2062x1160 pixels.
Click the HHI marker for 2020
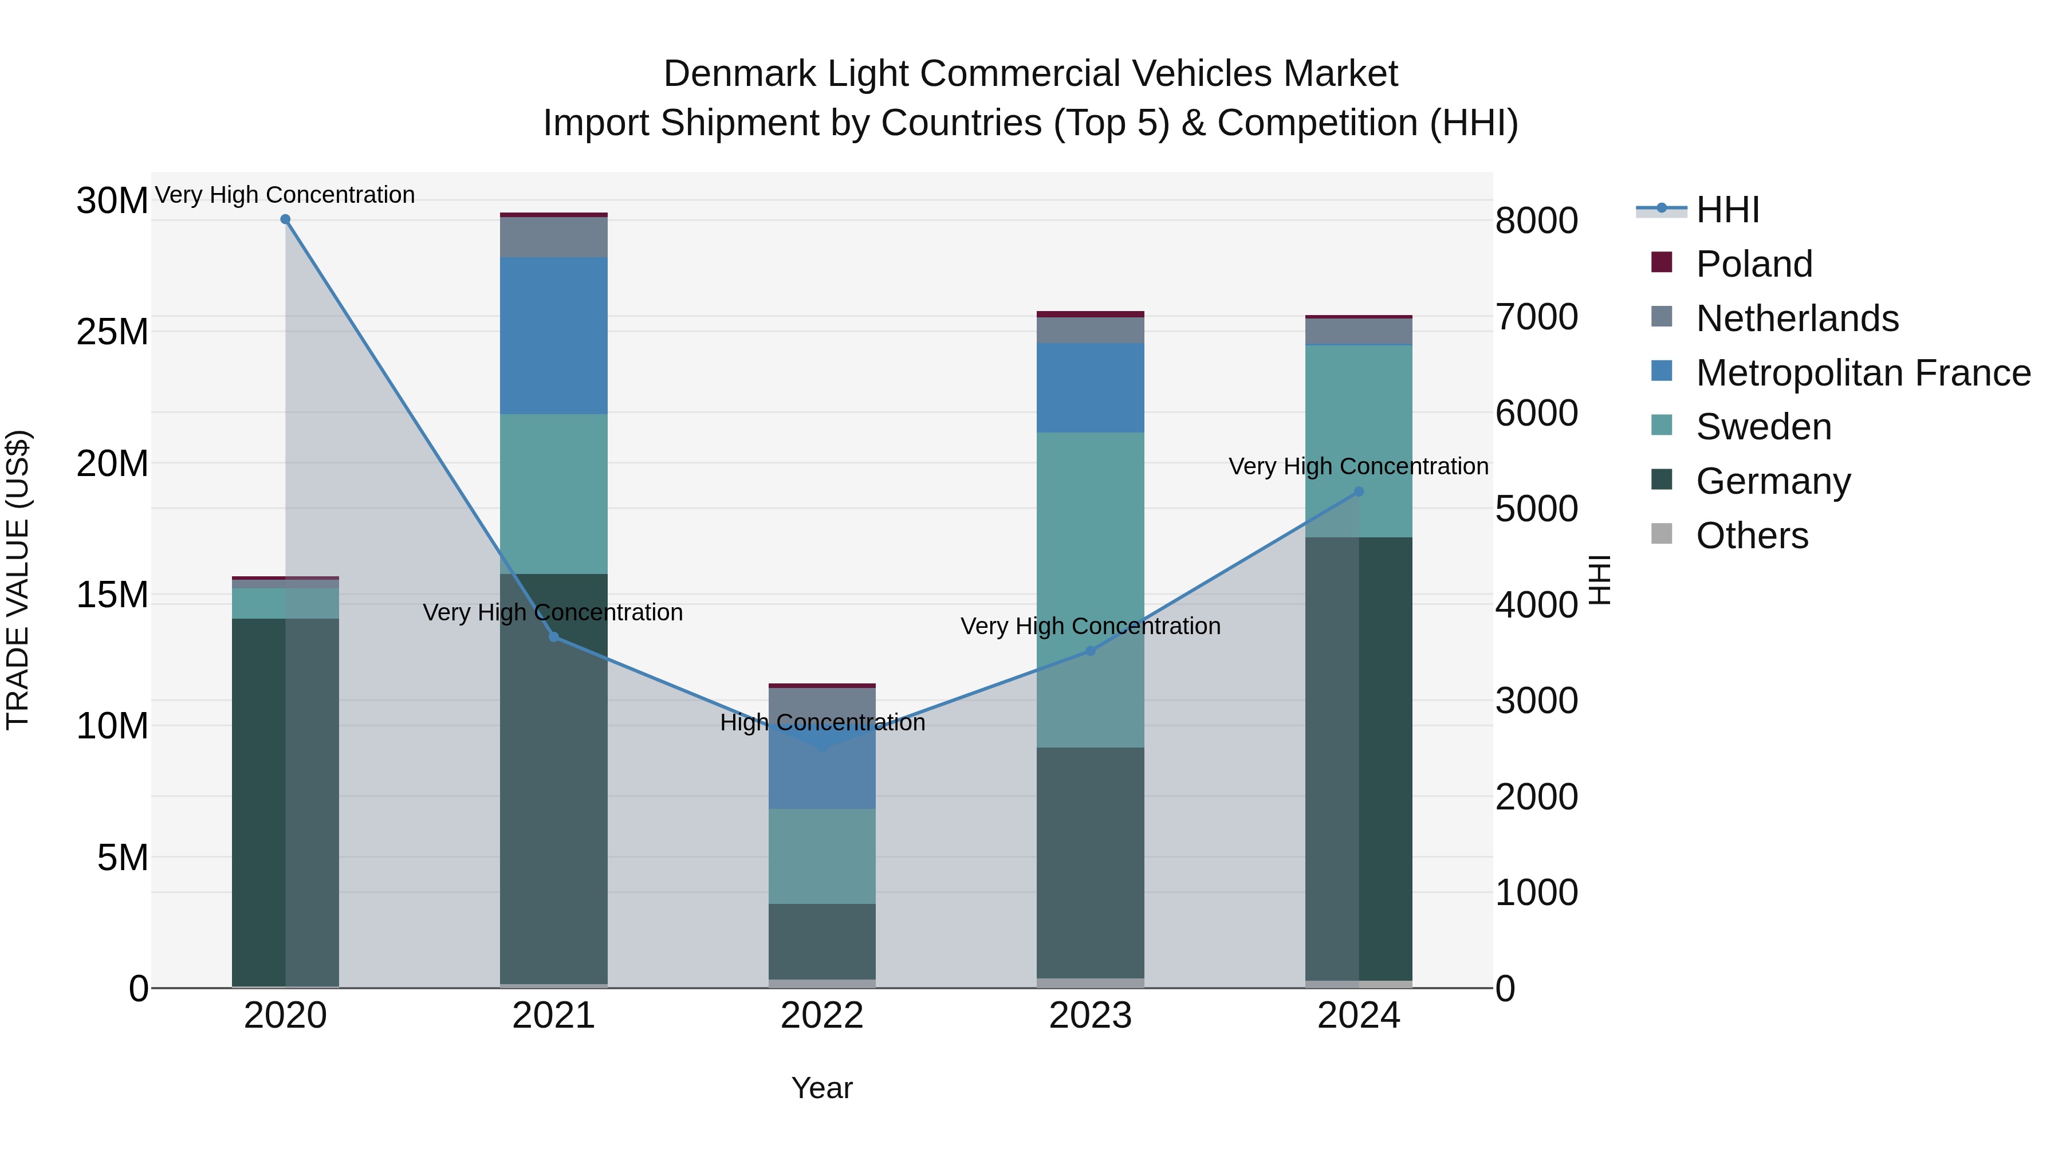point(285,219)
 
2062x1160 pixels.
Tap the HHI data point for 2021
point(553,637)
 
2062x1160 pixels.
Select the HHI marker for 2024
point(1359,491)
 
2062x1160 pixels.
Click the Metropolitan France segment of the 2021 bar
point(553,336)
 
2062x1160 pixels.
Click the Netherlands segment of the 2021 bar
point(553,237)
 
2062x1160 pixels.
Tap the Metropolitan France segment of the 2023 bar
point(1090,388)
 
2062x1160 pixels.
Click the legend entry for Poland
point(1753,264)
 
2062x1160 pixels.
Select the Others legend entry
point(1752,536)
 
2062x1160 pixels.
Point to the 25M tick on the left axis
point(112,332)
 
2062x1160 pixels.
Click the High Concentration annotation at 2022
point(821,723)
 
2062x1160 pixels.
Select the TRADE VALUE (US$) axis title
point(18,580)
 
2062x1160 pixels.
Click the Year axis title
point(821,1088)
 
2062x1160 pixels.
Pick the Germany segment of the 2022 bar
point(821,941)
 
